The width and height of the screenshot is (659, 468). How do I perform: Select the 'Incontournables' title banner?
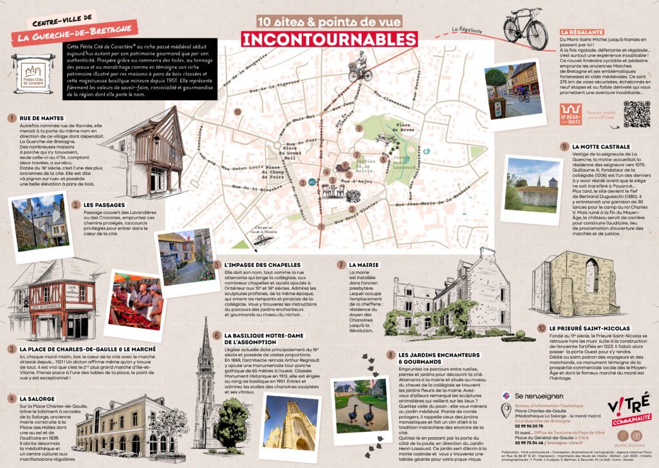pos(328,37)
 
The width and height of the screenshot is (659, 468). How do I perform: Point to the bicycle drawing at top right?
pos(525,26)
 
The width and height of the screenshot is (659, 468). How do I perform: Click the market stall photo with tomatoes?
pos(137,304)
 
